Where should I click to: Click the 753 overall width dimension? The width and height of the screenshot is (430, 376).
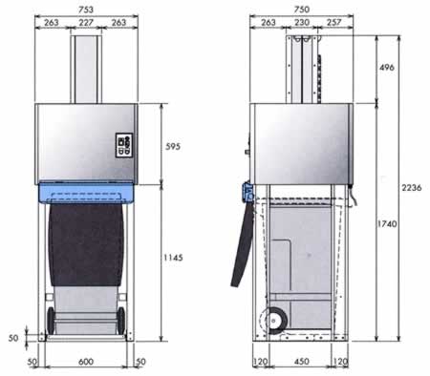86,10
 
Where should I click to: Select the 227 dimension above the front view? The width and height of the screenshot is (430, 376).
86,22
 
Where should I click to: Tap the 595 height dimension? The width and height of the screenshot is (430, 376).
173,146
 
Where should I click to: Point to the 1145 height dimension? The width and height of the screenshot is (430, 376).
173,258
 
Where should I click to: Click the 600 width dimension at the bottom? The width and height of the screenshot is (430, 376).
86,362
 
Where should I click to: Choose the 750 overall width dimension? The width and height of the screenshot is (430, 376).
302,10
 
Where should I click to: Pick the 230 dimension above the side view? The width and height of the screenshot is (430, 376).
302,22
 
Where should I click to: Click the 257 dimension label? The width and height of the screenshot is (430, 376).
333,22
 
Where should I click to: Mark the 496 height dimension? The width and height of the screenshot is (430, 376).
387,67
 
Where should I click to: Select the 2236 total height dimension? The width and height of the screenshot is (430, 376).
412,188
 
